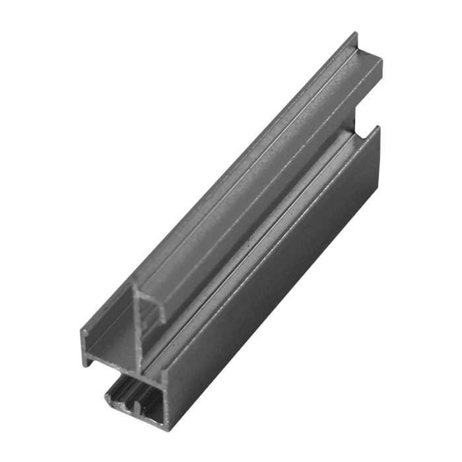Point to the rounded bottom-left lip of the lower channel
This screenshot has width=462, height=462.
110,399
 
